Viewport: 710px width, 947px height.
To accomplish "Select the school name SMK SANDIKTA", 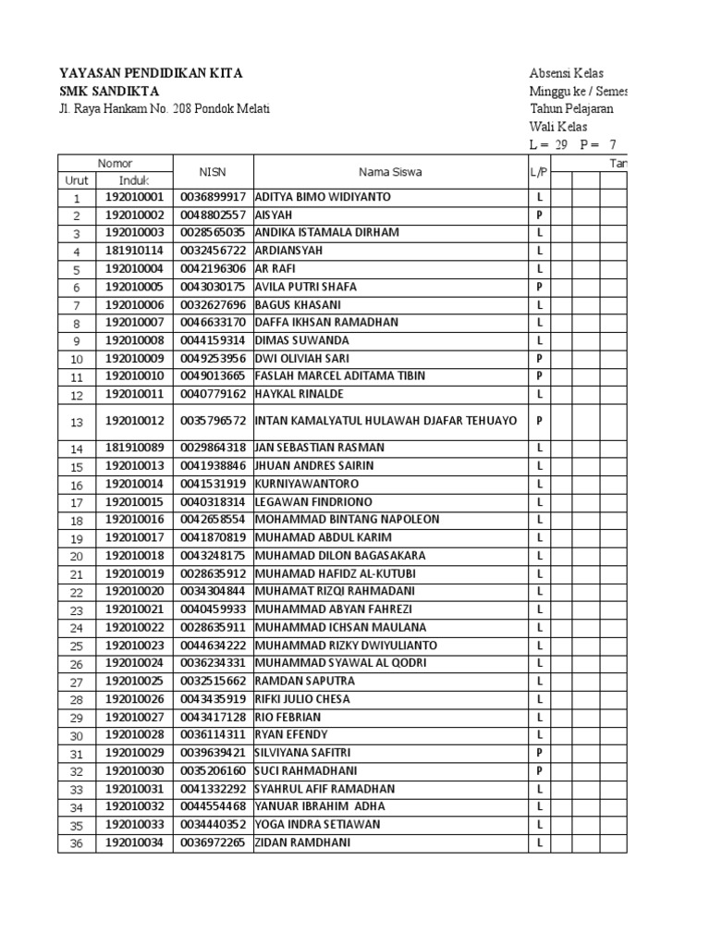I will pyautogui.click(x=109, y=91).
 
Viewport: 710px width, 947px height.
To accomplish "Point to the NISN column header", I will pyautogui.click(x=213, y=171).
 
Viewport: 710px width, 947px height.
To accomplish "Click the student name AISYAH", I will pyautogui.click(x=275, y=215).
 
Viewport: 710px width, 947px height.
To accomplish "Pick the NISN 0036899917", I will pyautogui.click(x=213, y=197).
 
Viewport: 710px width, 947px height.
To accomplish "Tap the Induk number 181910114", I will pyautogui.click(x=134, y=252).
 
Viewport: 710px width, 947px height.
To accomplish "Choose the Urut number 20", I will pyautogui.click(x=77, y=556).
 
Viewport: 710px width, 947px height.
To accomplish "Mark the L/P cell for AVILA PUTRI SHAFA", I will pyautogui.click(x=538, y=287).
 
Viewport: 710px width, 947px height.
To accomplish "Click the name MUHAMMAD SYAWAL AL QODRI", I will pyautogui.click(x=327, y=663).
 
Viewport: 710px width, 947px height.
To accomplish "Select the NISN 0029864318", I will pyautogui.click(x=213, y=448).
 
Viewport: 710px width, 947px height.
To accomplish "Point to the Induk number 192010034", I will pyautogui.click(x=134, y=842).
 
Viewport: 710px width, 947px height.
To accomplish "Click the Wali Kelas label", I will pyautogui.click(x=557, y=127).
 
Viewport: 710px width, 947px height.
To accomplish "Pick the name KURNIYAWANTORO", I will pyautogui.click(x=306, y=484).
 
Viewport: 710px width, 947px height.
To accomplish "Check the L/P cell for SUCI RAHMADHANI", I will pyautogui.click(x=538, y=770).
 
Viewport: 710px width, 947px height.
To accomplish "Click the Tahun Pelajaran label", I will pyautogui.click(x=570, y=109).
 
